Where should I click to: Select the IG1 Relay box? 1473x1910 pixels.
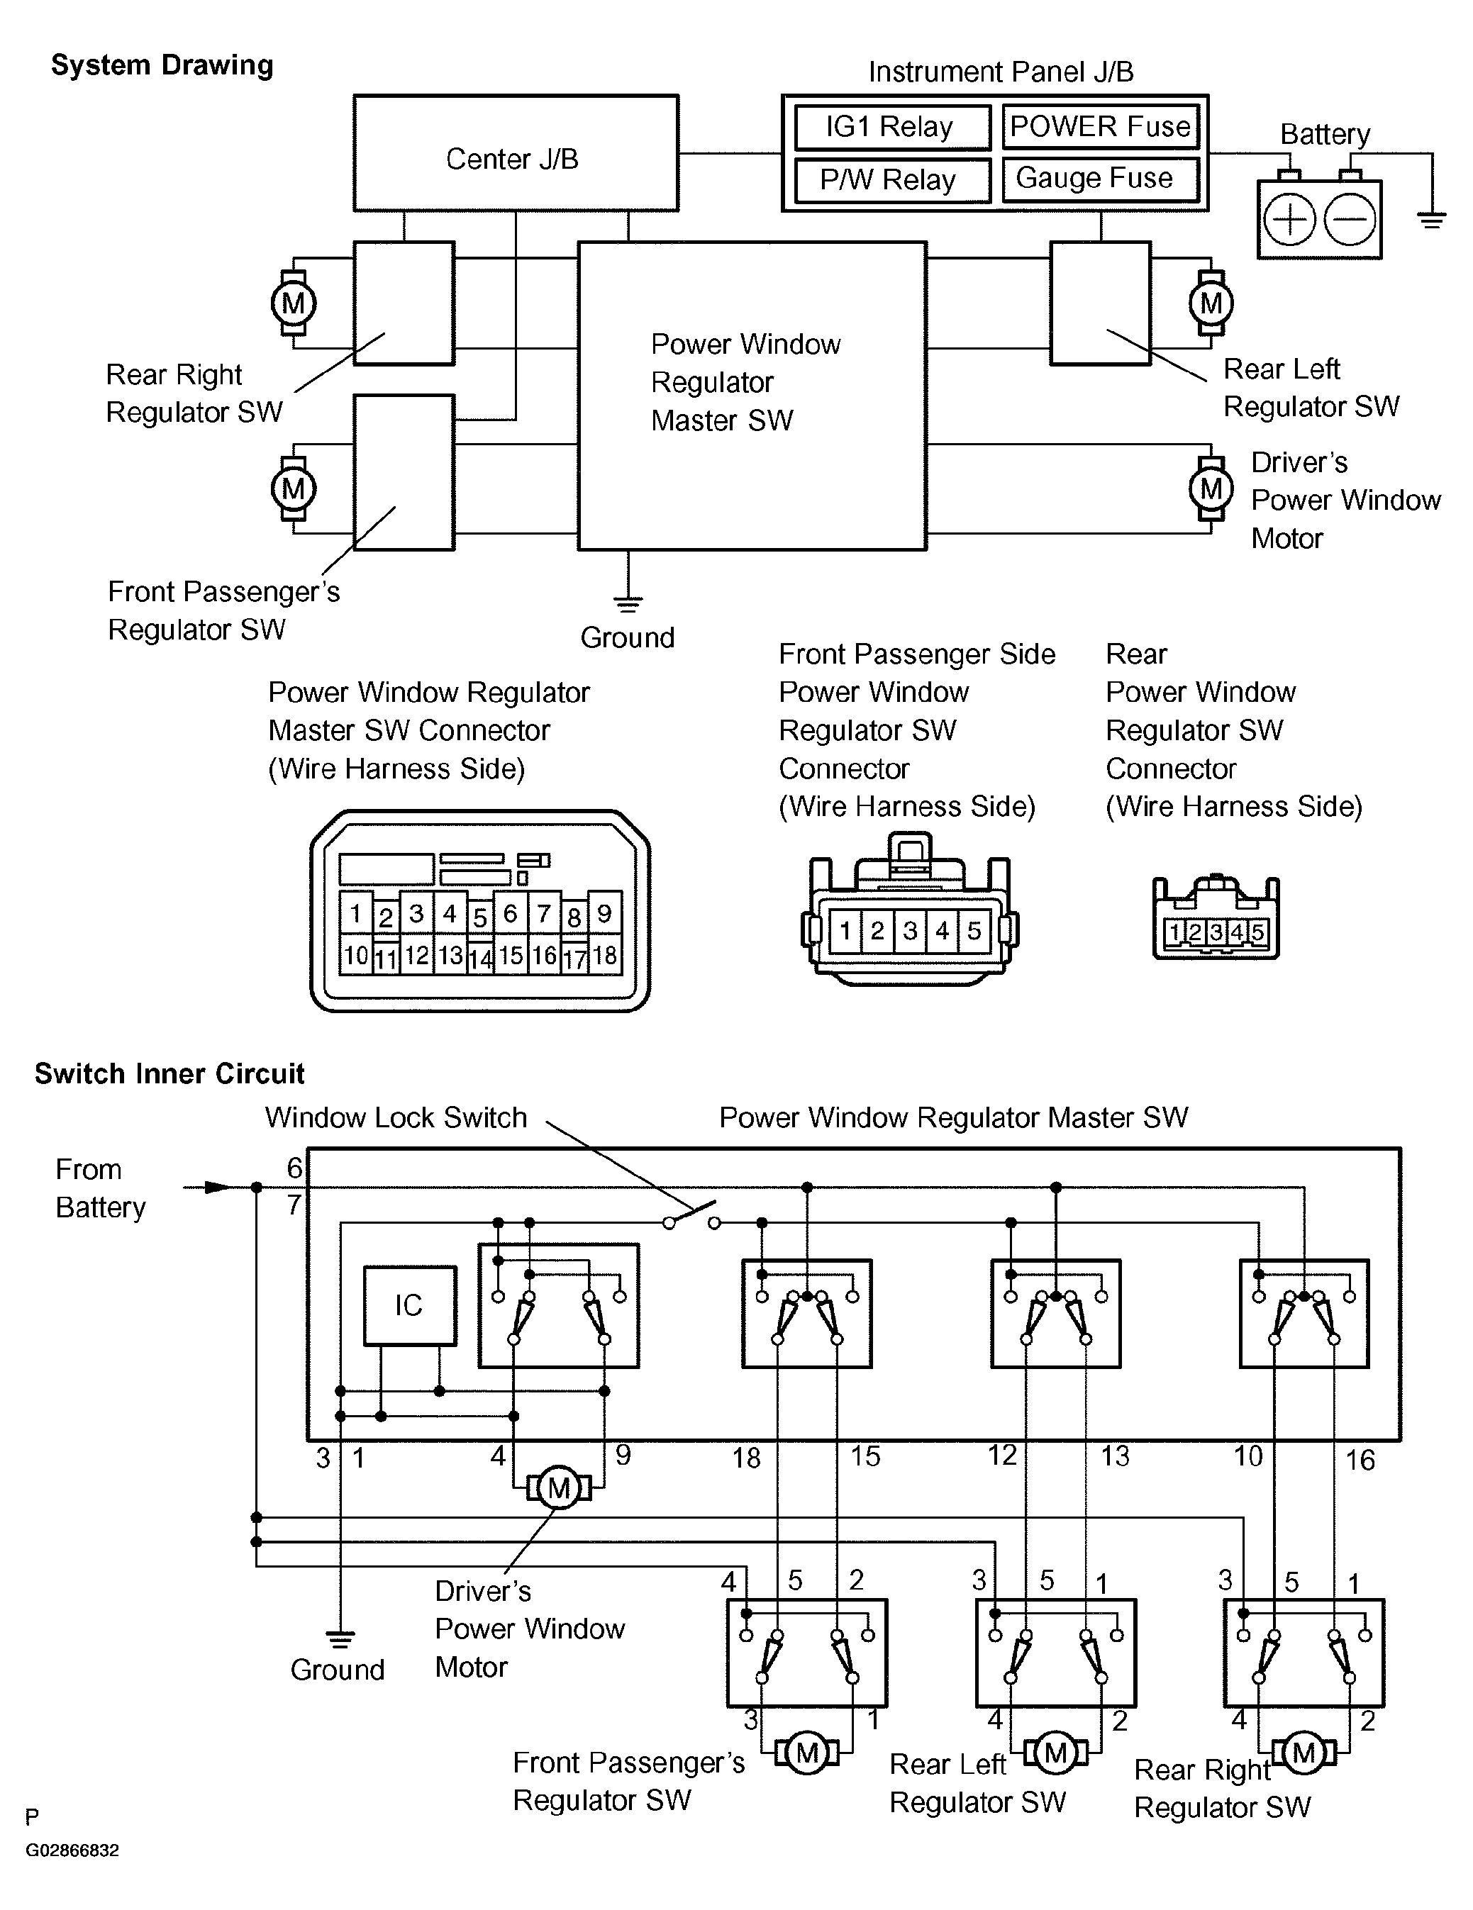click(891, 128)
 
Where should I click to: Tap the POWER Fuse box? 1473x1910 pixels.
click(1099, 127)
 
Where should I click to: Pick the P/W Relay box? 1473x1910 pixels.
click(891, 180)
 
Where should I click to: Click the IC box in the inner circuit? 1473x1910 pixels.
click(409, 1306)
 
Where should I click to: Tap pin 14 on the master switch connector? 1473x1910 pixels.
click(479, 959)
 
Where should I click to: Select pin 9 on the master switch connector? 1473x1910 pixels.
click(604, 914)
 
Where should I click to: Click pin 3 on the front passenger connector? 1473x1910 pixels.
click(910, 930)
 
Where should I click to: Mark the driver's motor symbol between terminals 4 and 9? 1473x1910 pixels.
click(559, 1487)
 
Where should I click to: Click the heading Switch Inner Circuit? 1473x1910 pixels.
click(169, 1074)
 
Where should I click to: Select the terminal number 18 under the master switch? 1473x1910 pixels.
click(746, 1458)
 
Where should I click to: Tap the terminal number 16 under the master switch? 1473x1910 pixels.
click(1360, 1460)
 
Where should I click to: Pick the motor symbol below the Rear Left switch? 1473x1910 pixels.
click(1056, 1753)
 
